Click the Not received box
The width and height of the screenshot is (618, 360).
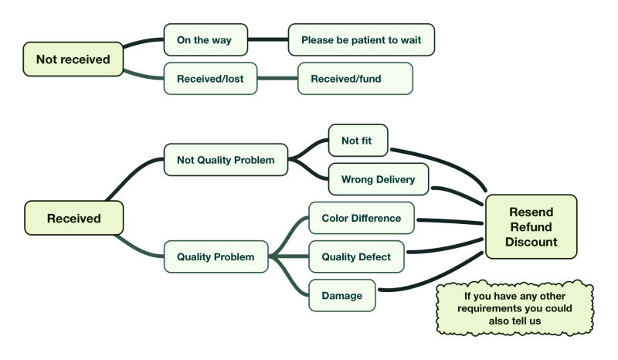click(73, 59)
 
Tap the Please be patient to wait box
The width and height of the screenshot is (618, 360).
click(362, 39)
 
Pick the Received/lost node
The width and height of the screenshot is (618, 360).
click(210, 79)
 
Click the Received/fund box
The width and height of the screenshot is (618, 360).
click(355, 79)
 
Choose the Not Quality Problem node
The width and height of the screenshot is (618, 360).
click(226, 160)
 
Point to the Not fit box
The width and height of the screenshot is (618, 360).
click(358, 141)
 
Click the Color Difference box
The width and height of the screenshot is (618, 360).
click(362, 218)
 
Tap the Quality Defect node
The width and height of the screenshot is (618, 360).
click(356, 256)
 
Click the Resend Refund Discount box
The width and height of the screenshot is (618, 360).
click(531, 226)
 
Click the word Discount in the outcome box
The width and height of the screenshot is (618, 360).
click(531, 242)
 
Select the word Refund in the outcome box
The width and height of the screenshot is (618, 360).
click(531, 226)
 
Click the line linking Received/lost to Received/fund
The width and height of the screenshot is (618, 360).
click(277, 79)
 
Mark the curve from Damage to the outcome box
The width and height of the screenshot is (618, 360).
click(433, 284)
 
